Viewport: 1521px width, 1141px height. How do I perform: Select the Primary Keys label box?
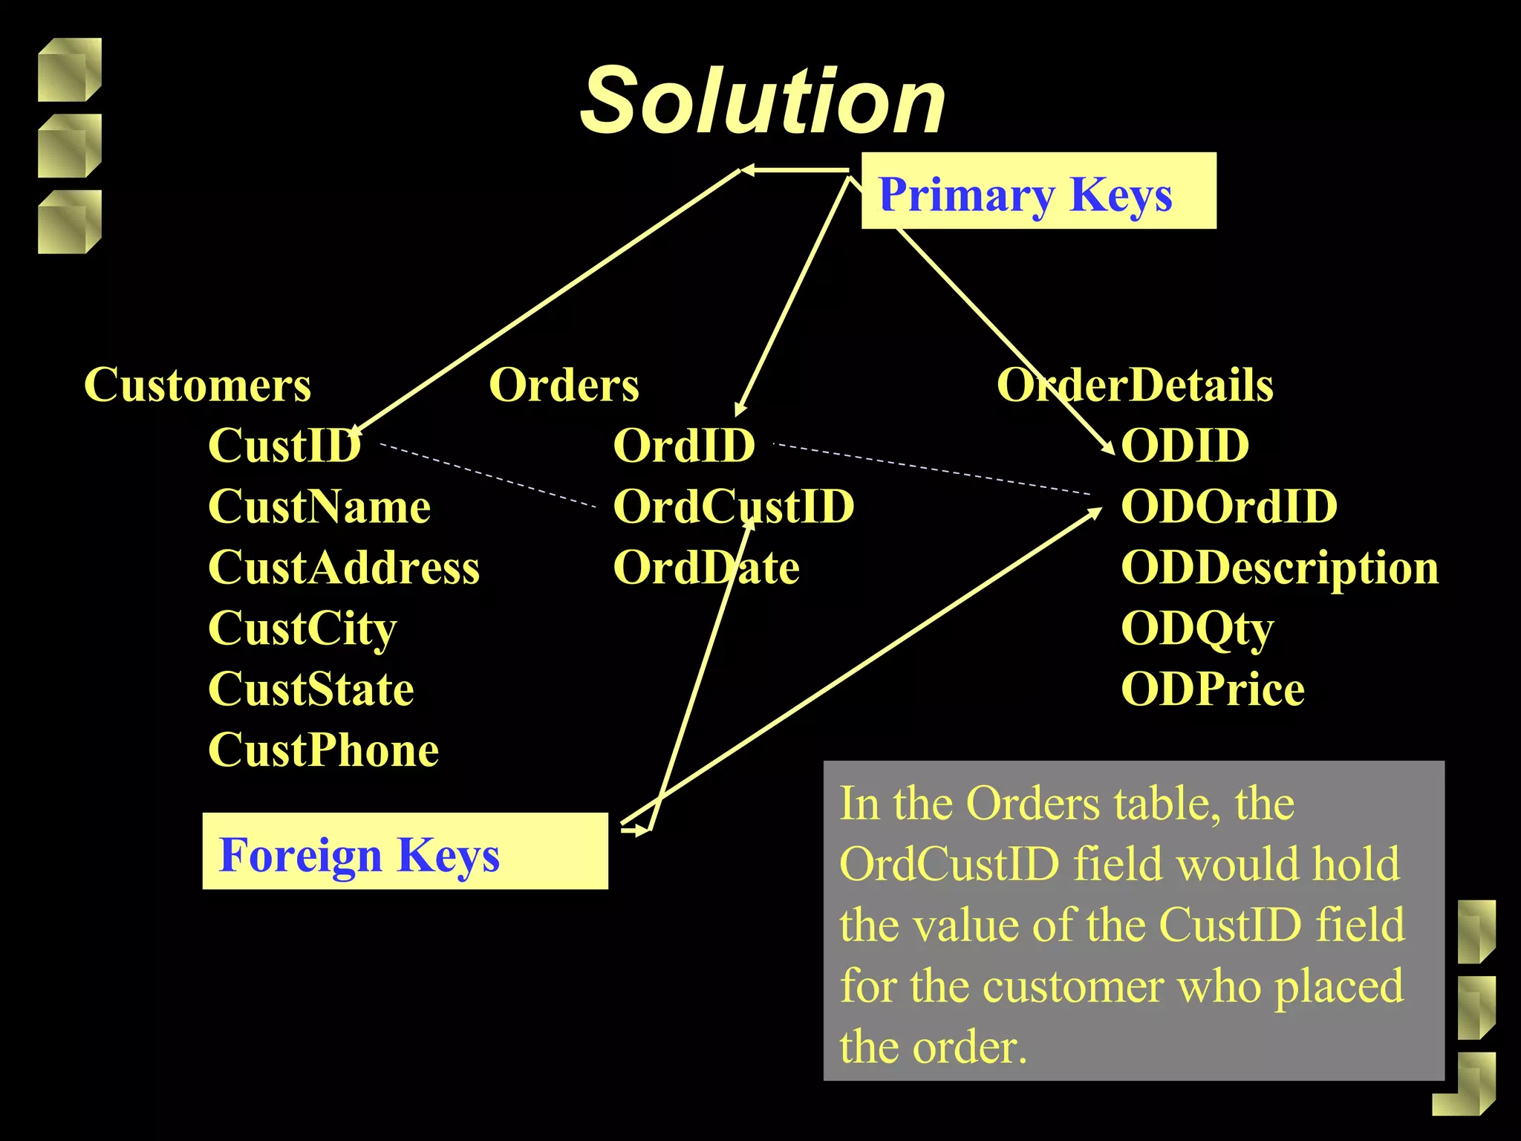click(x=1038, y=191)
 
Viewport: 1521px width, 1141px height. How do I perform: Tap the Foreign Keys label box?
click(x=405, y=851)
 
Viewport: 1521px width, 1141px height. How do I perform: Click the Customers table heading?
click(x=198, y=385)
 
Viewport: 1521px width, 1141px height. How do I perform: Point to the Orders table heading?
click(x=564, y=385)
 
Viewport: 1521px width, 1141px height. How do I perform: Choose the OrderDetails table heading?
click(x=1135, y=385)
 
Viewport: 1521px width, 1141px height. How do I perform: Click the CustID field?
click(x=284, y=446)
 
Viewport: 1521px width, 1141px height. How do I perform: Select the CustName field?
click(x=319, y=507)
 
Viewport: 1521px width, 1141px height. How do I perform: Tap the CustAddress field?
click(x=344, y=568)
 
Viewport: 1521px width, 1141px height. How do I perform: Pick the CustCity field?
click(x=302, y=628)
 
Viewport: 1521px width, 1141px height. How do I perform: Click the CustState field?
click(x=310, y=689)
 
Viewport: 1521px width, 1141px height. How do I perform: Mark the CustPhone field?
click(x=323, y=750)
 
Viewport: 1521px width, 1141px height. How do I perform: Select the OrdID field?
click(x=683, y=446)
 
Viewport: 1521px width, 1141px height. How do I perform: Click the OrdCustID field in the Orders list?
click(x=733, y=507)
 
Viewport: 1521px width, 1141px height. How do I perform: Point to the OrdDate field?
click(x=706, y=568)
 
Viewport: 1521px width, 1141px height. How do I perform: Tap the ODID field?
click(x=1185, y=446)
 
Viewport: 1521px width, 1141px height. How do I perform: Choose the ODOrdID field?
click(x=1229, y=507)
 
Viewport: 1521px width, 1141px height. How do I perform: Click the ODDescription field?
click(x=1279, y=568)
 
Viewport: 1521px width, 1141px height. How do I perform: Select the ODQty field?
click(x=1196, y=628)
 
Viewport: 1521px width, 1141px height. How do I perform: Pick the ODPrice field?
click(x=1212, y=689)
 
